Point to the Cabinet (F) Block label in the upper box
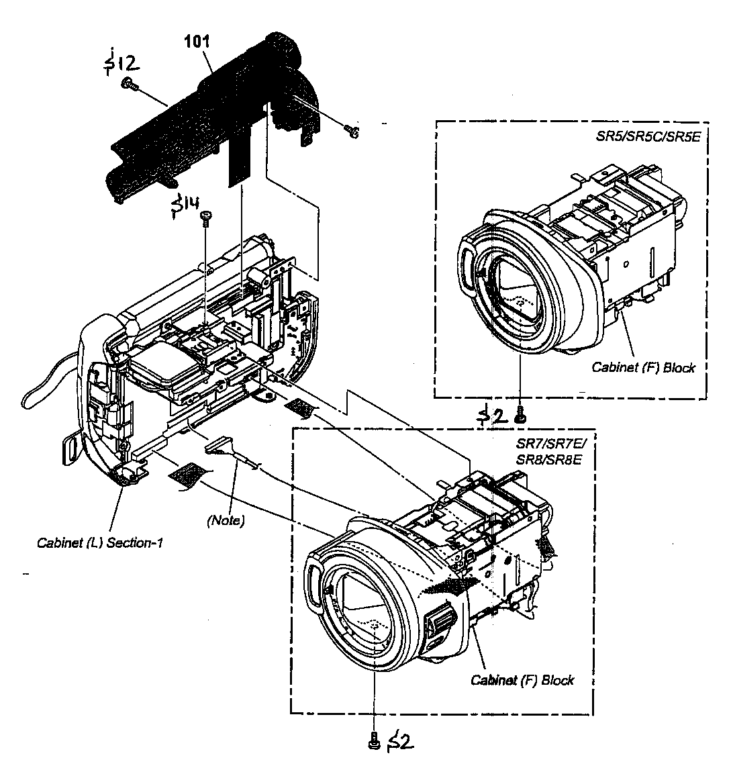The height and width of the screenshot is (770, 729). click(x=643, y=367)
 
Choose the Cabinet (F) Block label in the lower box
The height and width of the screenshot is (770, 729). click(x=522, y=680)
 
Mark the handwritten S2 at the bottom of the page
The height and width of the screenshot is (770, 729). click(x=399, y=740)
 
